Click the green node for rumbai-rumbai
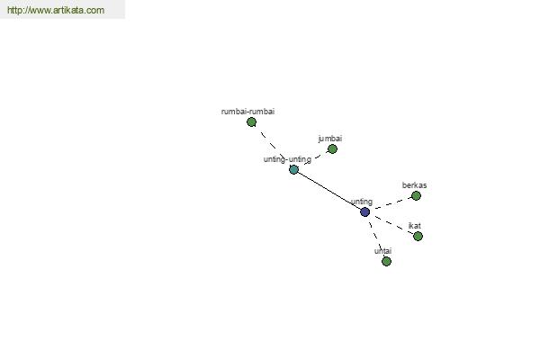(x=251, y=121)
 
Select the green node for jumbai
(x=332, y=148)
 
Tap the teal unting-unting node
(x=293, y=169)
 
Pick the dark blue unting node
(x=364, y=211)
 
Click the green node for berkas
(x=416, y=195)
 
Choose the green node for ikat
(x=418, y=236)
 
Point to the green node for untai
(x=386, y=261)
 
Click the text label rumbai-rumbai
(x=247, y=112)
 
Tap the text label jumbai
(x=329, y=139)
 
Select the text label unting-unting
(x=286, y=159)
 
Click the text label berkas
(x=414, y=185)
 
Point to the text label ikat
(x=414, y=226)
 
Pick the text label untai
(x=382, y=251)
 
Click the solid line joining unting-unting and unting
(x=329, y=191)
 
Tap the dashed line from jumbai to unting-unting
(x=314, y=159)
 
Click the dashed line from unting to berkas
(x=390, y=203)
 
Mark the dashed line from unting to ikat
(x=391, y=224)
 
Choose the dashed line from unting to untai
(x=374, y=235)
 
